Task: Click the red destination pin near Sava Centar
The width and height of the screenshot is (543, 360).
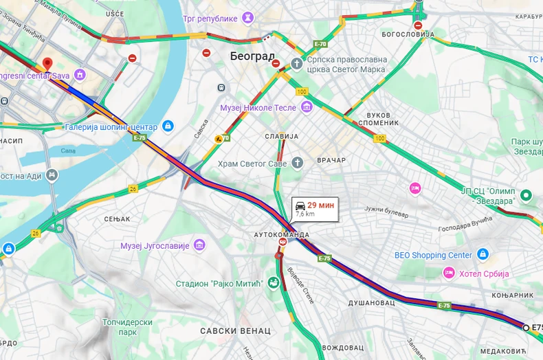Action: click(x=47, y=64)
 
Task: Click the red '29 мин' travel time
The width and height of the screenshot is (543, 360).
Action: click(x=321, y=205)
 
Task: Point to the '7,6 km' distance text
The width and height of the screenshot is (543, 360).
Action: click(x=305, y=214)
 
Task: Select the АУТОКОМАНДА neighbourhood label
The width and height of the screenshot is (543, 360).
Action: click(x=282, y=234)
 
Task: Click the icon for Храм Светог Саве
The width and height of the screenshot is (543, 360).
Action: click(x=297, y=162)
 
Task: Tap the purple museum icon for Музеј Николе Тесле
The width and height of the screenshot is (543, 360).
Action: click(x=307, y=107)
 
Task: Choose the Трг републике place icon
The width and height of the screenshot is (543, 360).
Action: click(x=247, y=17)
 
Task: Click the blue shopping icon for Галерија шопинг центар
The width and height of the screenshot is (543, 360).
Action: click(x=168, y=126)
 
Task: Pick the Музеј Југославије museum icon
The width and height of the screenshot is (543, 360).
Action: click(x=199, y=245)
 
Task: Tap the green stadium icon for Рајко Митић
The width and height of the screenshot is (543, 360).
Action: click(x=274, y=282)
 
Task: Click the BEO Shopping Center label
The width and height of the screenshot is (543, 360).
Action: click(x=433, y=255)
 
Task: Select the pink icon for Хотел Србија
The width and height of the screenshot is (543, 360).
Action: click(x=449, y=273)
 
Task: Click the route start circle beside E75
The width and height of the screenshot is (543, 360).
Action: click(x=526, y=328)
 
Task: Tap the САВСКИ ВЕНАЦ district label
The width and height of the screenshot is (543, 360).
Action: click(x=235, y=330)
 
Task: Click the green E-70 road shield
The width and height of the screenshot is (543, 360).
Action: click(x=320, y=44)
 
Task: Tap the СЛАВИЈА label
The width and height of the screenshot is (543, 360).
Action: click(x=282, y=136)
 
